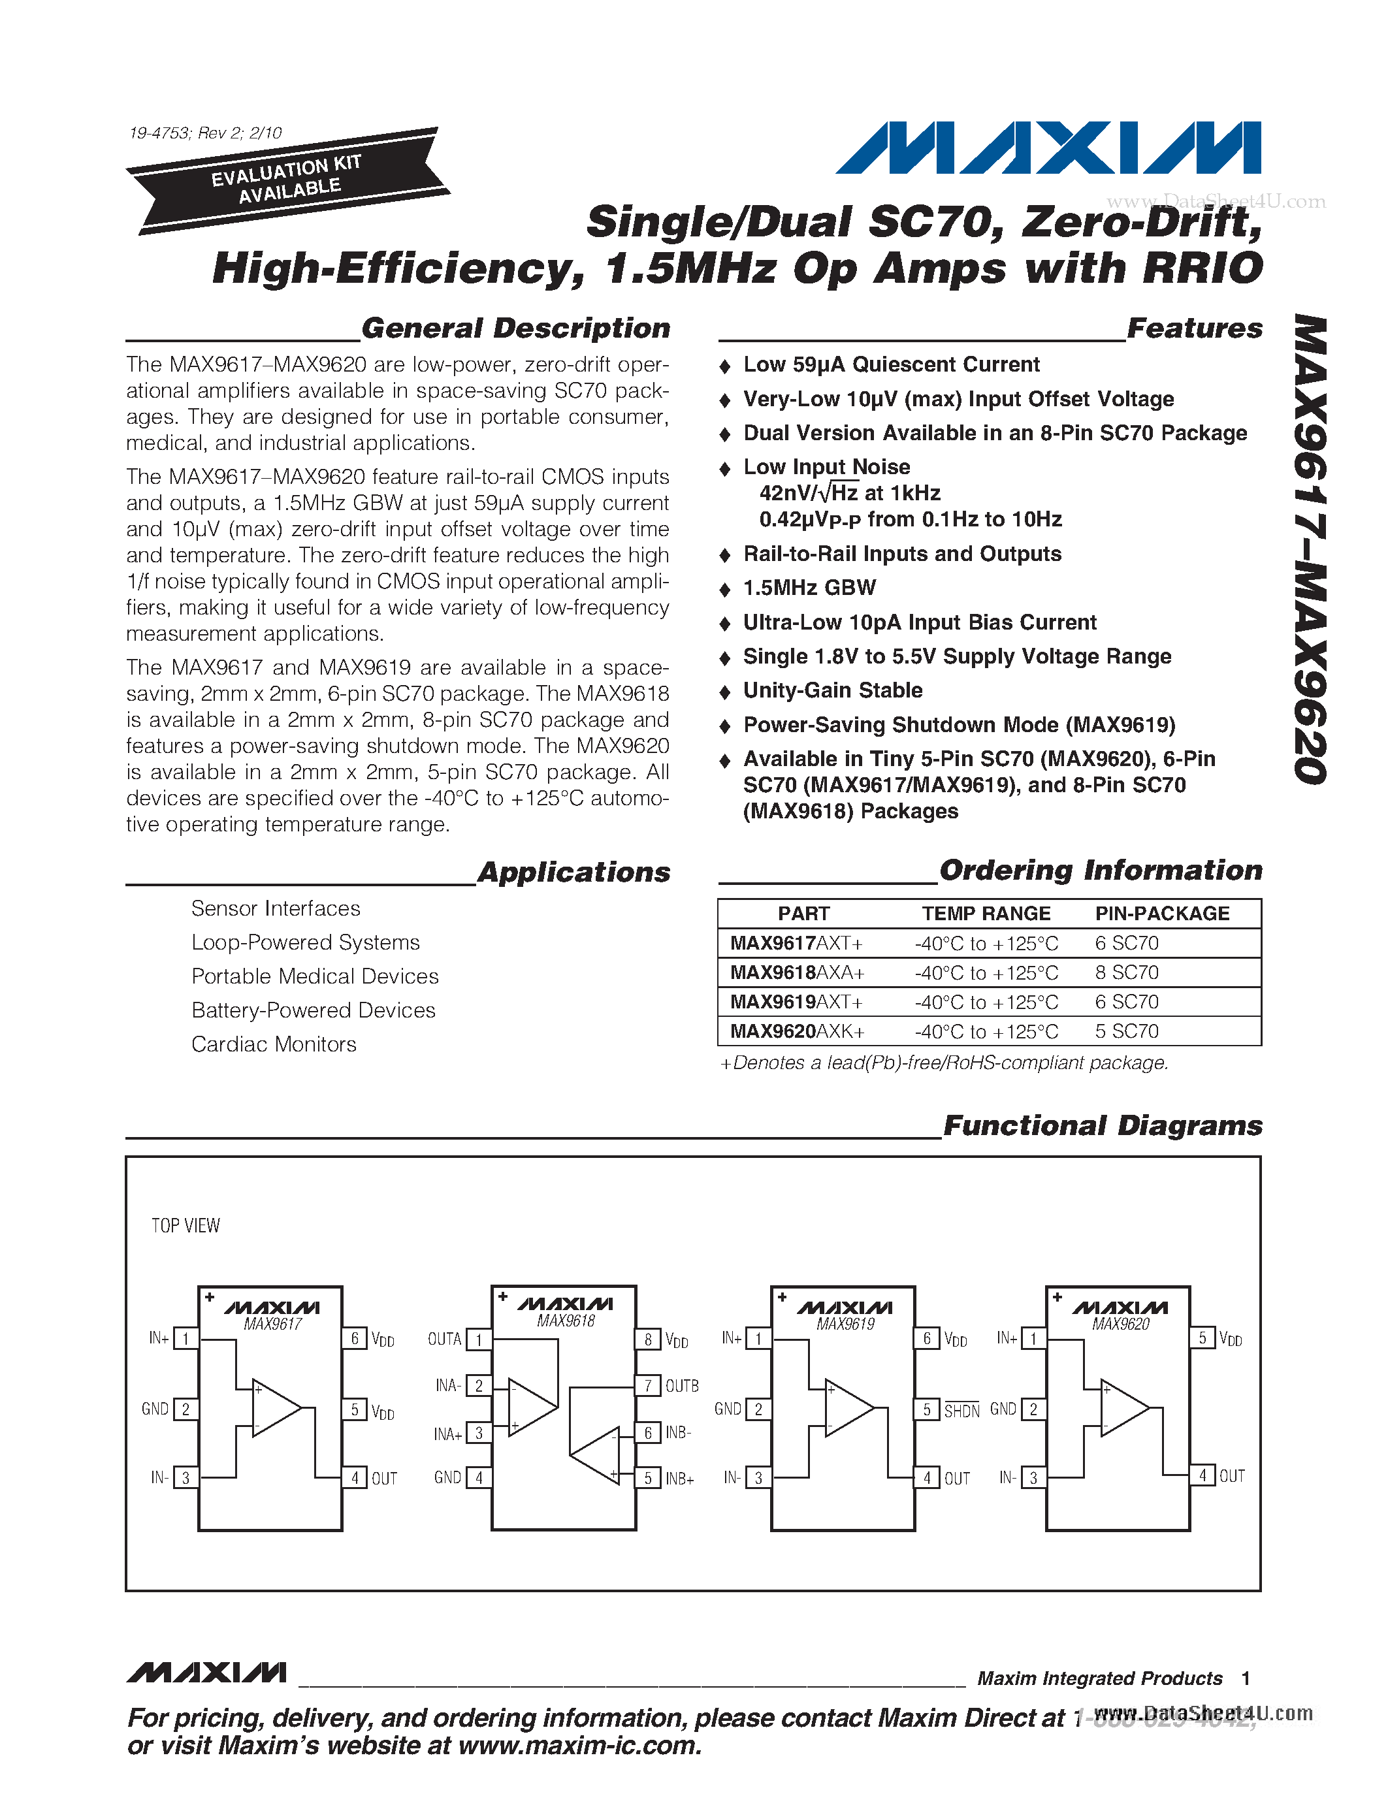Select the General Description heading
(515, 328)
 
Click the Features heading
(1194, 328)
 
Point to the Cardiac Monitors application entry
(274, 1044)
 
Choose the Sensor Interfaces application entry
(276, 908)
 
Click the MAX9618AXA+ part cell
(797, 973)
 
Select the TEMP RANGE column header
(986, 914)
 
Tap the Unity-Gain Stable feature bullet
(832, 691)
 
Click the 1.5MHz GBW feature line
(809, 588)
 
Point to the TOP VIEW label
(186, 1226)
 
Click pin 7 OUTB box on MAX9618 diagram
(648, 1386)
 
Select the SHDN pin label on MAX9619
(961, 1411)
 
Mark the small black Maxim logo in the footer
(206, 1673)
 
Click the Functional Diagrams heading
(1102, 1126)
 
